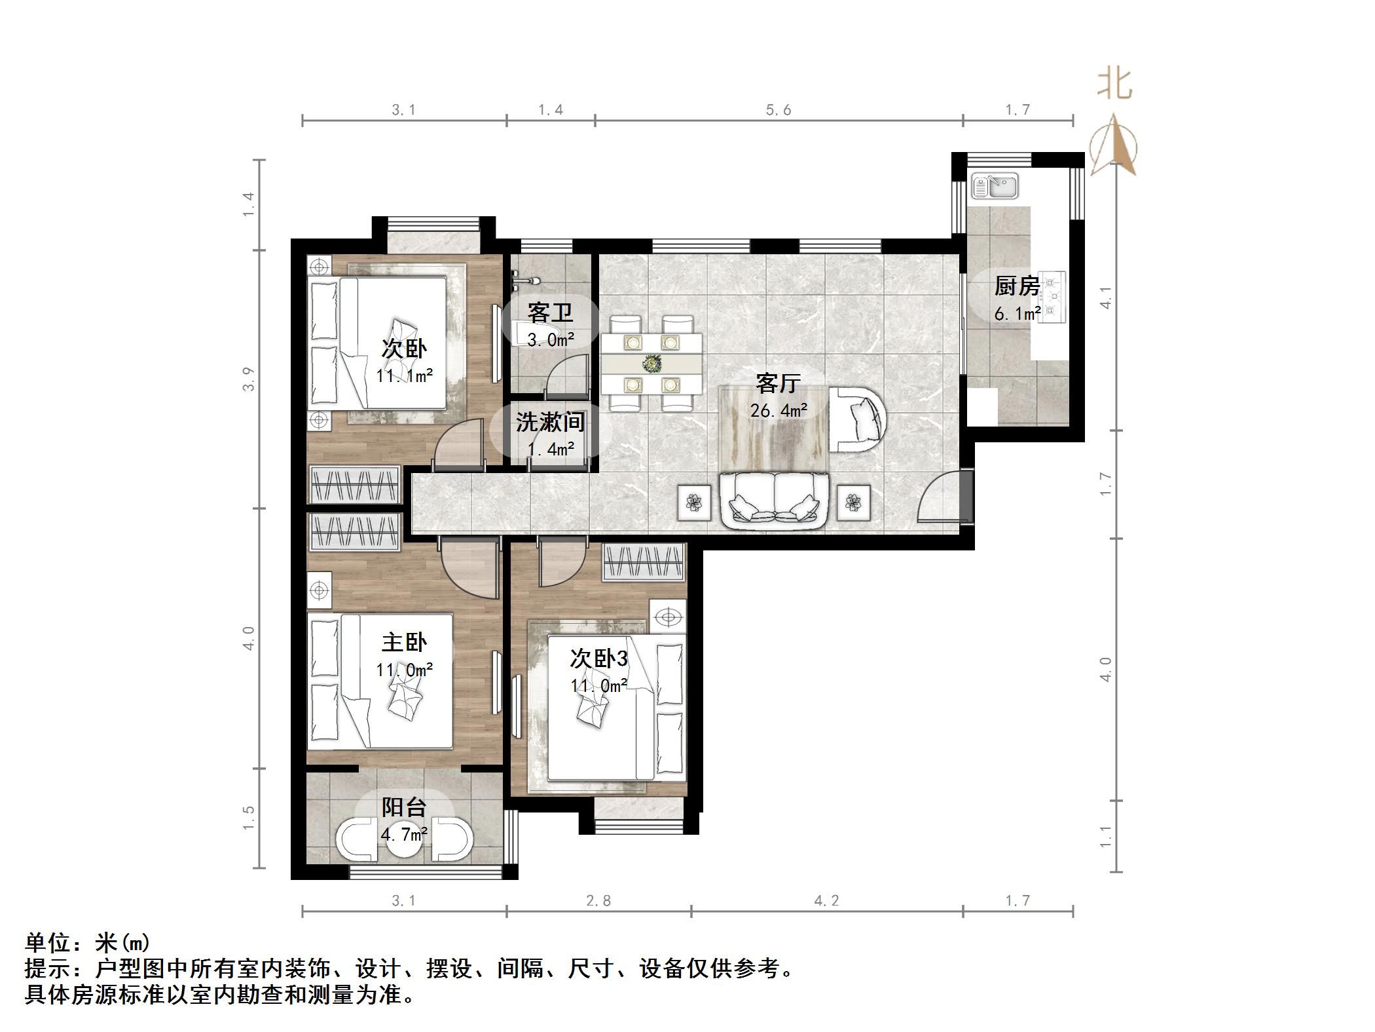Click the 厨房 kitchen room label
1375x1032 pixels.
1017,286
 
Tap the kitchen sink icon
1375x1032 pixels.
994,185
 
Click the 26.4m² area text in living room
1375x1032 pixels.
779,411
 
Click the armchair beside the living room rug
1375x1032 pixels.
858,419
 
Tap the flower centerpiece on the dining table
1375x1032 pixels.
651,363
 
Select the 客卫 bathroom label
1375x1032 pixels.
550,313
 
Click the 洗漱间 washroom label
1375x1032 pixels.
549,422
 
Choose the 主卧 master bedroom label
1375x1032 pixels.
404,642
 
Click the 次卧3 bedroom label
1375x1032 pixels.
598,658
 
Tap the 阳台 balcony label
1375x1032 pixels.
404,807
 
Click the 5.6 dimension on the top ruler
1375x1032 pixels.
779,110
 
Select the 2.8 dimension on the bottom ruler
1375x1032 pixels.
598,901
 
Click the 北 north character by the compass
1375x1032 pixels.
1114,85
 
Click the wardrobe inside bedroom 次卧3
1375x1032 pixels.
644,562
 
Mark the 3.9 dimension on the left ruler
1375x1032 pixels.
248,379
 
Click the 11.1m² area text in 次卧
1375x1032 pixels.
404,376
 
